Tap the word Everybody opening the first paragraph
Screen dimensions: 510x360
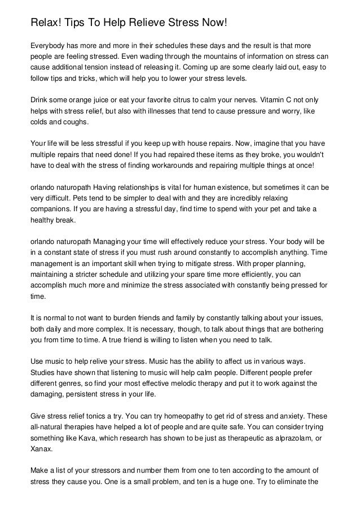(x=50, y=46)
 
